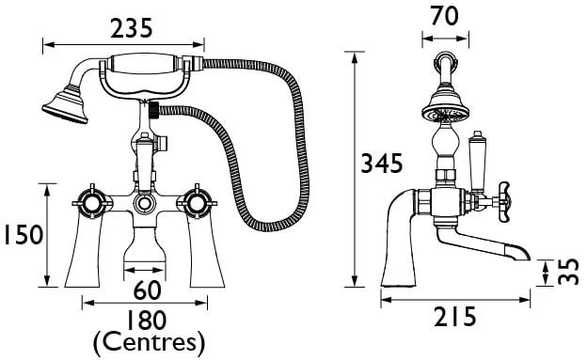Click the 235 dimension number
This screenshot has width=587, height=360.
[x=132, y=28]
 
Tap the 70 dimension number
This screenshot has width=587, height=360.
[x=444, y=16]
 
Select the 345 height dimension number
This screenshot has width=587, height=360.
[x=382, y=163]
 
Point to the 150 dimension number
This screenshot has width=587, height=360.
[x=24, y=235]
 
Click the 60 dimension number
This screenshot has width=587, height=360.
[x=147, y=290]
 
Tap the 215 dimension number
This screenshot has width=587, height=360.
[x=455, y=317]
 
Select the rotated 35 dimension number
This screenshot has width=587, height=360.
[x=568, y=272]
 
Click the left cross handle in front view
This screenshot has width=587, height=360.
[x=92, y=203]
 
